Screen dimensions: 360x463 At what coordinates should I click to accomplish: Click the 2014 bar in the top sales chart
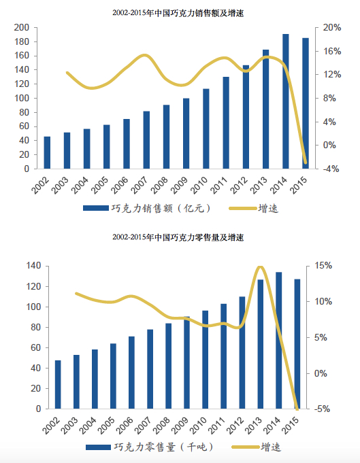point(286,101)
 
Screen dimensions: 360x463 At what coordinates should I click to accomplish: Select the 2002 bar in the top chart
point(47,153)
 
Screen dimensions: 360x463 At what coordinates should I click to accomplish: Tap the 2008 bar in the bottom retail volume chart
point(169,366)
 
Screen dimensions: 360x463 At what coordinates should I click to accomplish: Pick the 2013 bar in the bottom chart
point(261,344)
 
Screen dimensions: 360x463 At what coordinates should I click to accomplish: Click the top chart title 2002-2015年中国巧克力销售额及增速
point(178,13)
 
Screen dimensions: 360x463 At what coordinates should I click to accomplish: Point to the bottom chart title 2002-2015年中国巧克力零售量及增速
point(178,237)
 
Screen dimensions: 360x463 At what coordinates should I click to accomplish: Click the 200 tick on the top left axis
point(22,27)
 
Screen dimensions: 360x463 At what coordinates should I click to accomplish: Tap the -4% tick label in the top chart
point(331,169)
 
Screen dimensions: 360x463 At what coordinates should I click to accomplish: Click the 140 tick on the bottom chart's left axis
point(33,266)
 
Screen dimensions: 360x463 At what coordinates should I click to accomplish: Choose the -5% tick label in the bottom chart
point(322,409)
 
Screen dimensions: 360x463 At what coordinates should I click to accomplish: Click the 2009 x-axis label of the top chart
point(180,185)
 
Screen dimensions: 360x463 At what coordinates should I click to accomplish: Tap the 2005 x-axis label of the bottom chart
point(106,426)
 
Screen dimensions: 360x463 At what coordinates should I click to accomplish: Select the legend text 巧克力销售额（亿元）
point(161,209)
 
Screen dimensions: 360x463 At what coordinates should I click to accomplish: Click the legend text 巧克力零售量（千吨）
point(164,447)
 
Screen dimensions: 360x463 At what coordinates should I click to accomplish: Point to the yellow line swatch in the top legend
point(242,209)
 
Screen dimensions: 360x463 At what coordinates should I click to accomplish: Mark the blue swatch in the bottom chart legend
point(99,447)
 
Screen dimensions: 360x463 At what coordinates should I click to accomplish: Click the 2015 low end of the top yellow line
point(306,162)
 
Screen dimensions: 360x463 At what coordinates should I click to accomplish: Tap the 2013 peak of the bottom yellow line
point(261,267)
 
